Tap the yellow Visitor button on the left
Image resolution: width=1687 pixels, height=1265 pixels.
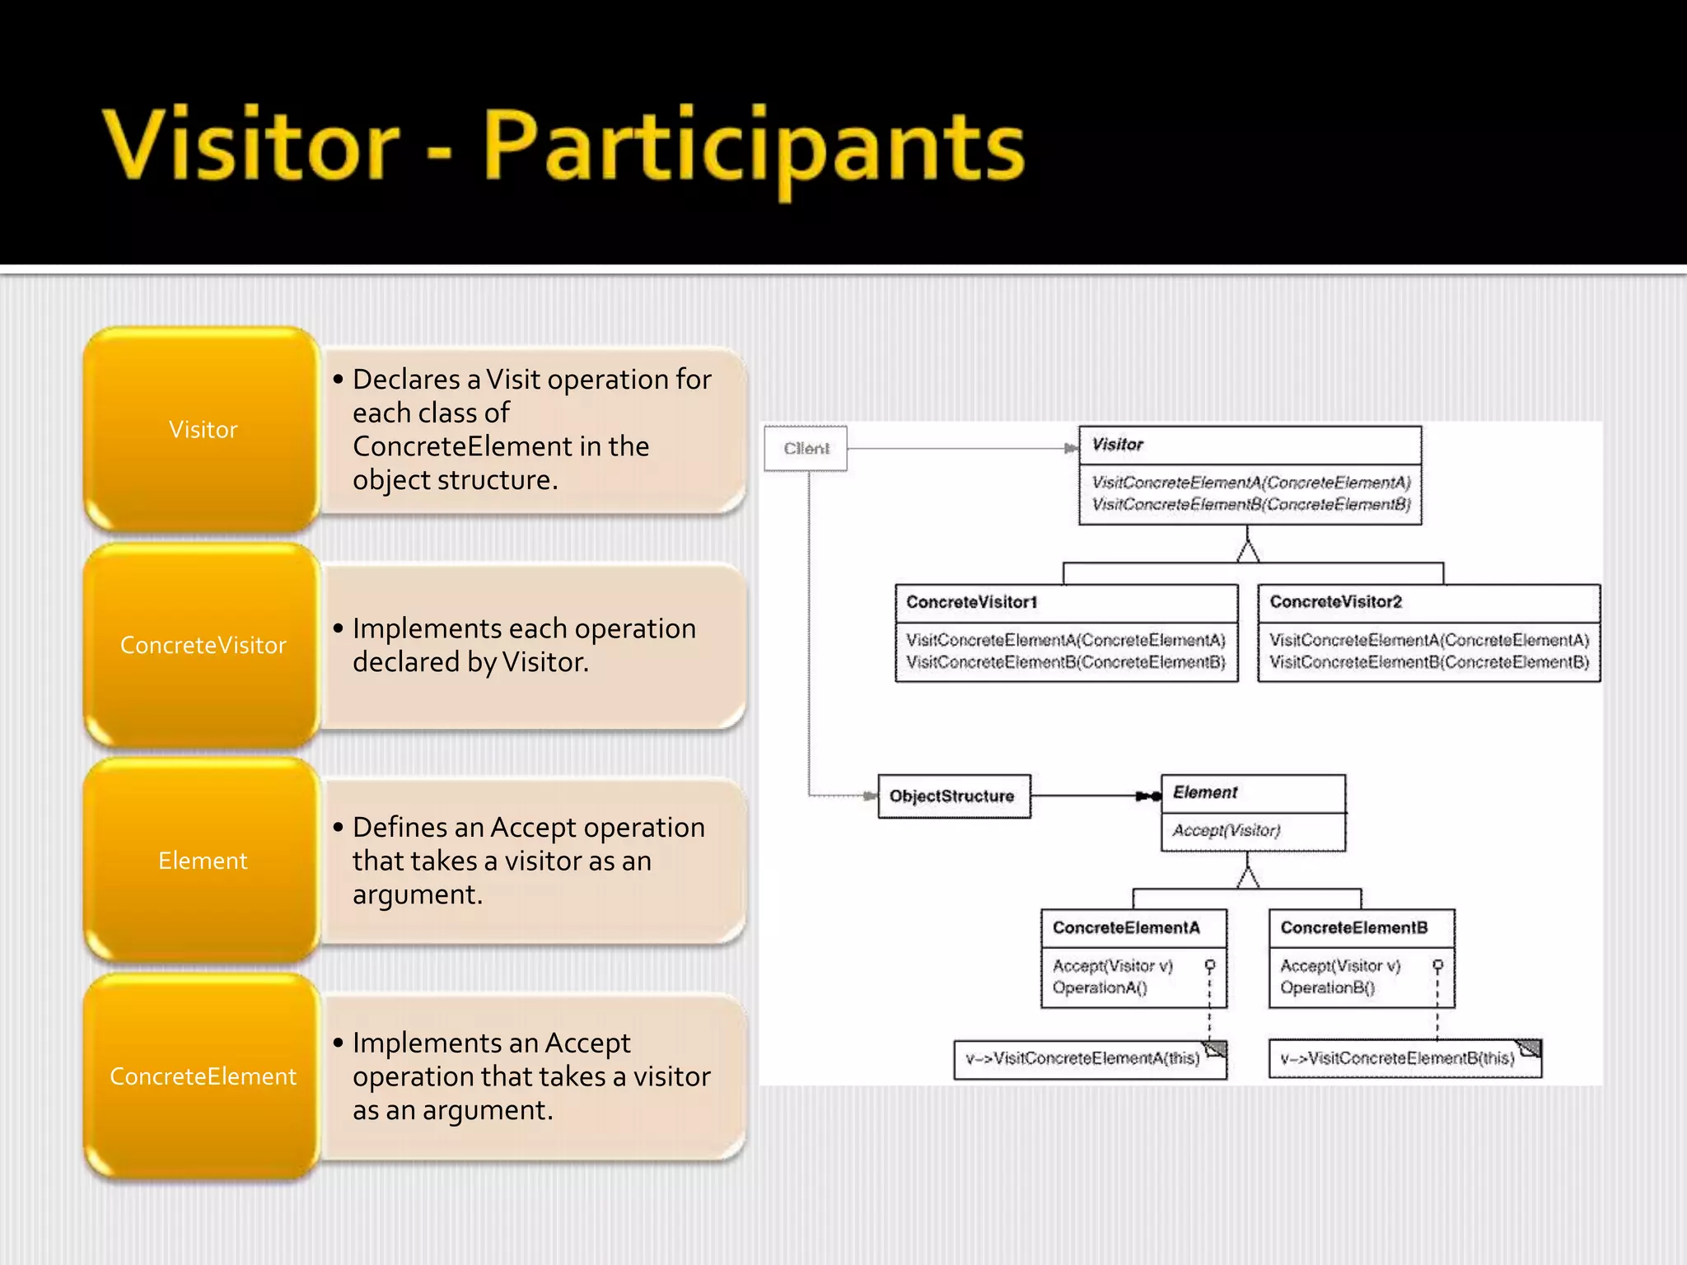tap(203, 429)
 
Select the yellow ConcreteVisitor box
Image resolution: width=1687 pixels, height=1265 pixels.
tap(203, 645)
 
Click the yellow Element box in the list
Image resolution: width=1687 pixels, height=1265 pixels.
tap(203, 861)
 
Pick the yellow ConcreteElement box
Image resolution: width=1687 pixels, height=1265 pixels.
tap(203, 1076)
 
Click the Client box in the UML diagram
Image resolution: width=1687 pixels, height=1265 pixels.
tap(806, 448)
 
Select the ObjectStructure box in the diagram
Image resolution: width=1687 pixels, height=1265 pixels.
tap(953, 796)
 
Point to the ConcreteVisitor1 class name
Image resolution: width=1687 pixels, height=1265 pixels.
tap(972, 602)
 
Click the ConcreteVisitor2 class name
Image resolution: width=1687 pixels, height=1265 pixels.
tap(1335, 602)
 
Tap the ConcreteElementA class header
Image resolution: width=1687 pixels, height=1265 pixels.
tap(1126, 927)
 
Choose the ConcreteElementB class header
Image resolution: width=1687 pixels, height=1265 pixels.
tap(1354, 927)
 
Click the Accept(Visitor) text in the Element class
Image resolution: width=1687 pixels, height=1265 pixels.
tap(1227, 830)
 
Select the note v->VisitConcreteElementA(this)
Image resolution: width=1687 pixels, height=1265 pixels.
tap(1083, 1058)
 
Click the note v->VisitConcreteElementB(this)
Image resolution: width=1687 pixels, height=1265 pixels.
tap(1397, 1058)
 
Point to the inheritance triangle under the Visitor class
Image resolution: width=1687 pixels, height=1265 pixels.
tap(1248, 551)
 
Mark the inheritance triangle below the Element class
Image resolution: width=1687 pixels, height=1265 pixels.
tap(1248, 877)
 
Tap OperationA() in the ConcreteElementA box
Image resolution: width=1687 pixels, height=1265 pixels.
tap(1100, 987)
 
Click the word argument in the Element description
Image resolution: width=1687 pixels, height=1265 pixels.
tap(416, 894)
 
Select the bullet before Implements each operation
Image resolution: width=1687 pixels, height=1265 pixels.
tap(338, 628)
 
